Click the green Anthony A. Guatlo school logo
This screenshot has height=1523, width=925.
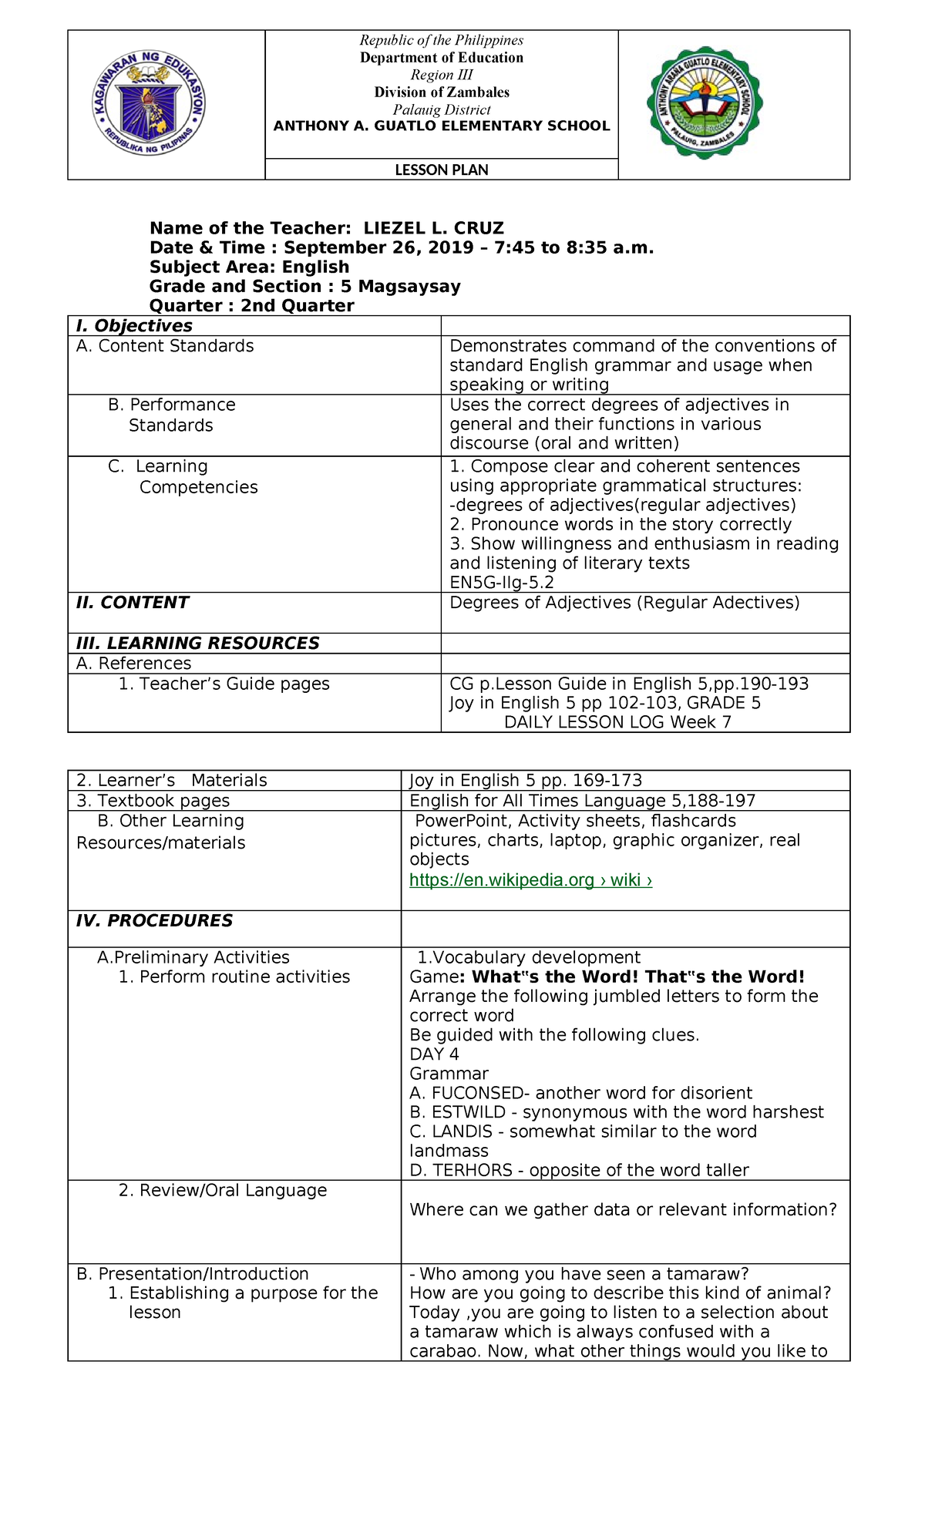(x=705, y=103)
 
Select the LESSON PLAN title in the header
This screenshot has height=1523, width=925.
(x=442, y=170)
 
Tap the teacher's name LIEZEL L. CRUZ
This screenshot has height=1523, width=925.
(x=434, y=228)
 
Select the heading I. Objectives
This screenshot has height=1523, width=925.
(x=134, y=326)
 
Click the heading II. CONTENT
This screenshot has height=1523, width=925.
(x=132, y=603)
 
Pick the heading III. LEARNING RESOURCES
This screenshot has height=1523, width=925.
(x=197, y=644)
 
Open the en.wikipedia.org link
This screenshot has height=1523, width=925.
(x=530, y=880)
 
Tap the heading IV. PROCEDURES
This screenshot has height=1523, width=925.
(x=154, y=921)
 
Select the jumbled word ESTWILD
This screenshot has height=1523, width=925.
(x=469, y=1112)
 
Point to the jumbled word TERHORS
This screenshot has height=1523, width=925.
(x=473, y=1170)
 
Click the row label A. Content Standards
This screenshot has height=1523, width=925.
(x=165, y=346)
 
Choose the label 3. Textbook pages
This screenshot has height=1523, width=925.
(x=153, y=801)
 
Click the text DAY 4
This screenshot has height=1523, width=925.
(x=434, y=1054)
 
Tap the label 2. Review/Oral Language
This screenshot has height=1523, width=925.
(x=223, y=1190)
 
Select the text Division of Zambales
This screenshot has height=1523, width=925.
(x=442, y=92)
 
